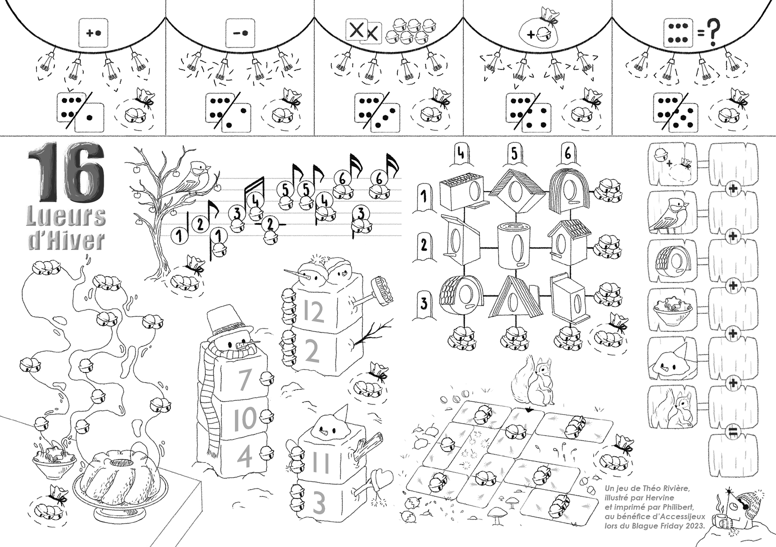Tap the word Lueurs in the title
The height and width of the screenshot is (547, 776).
(x=66, y=218)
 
